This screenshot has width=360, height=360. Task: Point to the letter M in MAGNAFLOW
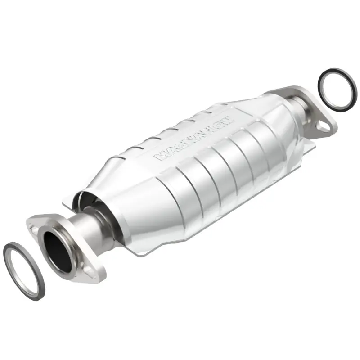(x=160, y=156)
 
